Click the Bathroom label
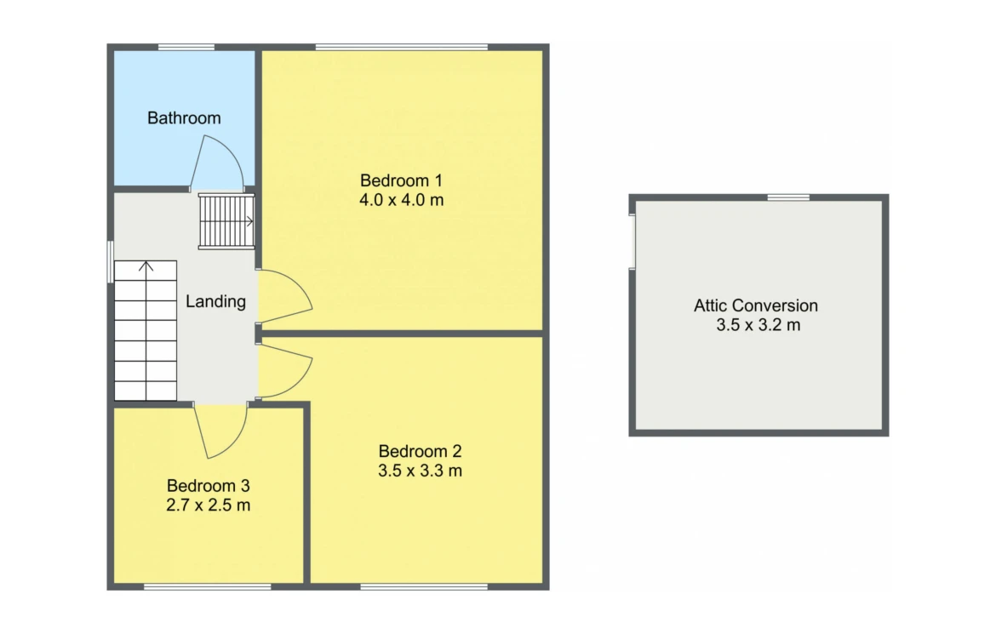tap(184, 118)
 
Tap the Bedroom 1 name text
tap(401, 180)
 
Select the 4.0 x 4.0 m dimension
tap(402, 200)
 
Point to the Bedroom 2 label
tap(420, 452)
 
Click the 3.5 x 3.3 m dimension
tap(420, 471)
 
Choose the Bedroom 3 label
tap(209, 486)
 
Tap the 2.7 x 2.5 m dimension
tap(209, 505)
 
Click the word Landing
tap(215, 301)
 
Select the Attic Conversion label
tap(756, 305)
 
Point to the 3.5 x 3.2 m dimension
tap(758, 325)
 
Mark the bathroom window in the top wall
tap(186, 47)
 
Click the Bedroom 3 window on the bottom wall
tap(208, 586)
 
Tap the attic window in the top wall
tap(788, 197)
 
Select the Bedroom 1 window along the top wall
tap(402, 47)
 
